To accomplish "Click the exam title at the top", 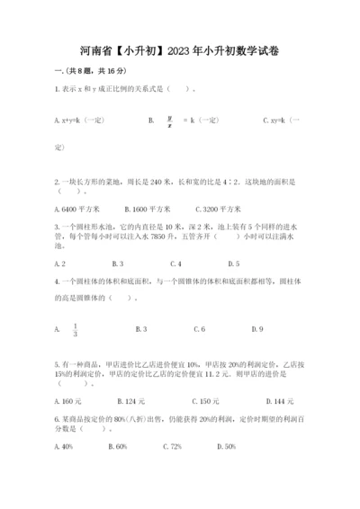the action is coord(179,51).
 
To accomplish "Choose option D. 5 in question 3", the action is coord(233,263).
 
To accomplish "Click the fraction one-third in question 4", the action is coord(76,329).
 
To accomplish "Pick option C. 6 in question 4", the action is coord(199,329).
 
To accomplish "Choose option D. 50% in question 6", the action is coord(225,446).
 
